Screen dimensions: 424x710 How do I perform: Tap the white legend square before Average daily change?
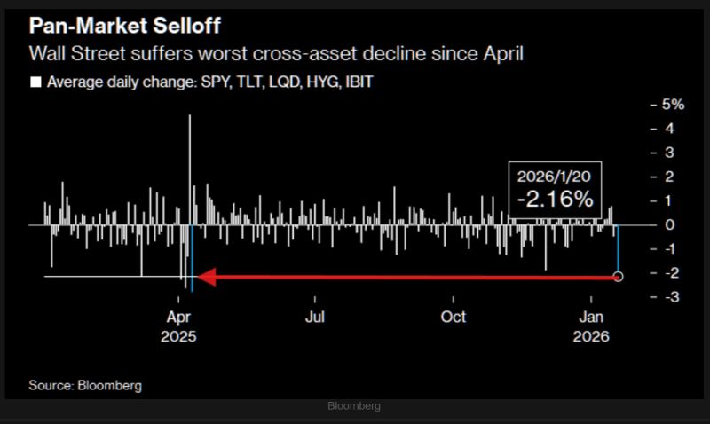point(36,82)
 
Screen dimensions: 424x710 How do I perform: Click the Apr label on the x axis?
point(178,317)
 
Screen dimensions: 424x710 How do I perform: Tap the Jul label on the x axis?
point(313,317)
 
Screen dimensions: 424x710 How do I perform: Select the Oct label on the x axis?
point(454,317)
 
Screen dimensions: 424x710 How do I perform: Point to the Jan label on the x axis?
point(593,317)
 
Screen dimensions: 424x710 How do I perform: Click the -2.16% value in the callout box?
point(556,200)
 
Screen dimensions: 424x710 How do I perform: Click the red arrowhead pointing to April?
point(205,278)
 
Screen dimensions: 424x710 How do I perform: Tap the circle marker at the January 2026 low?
point(619,277)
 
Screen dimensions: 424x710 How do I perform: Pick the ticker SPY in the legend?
point(202,82)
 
